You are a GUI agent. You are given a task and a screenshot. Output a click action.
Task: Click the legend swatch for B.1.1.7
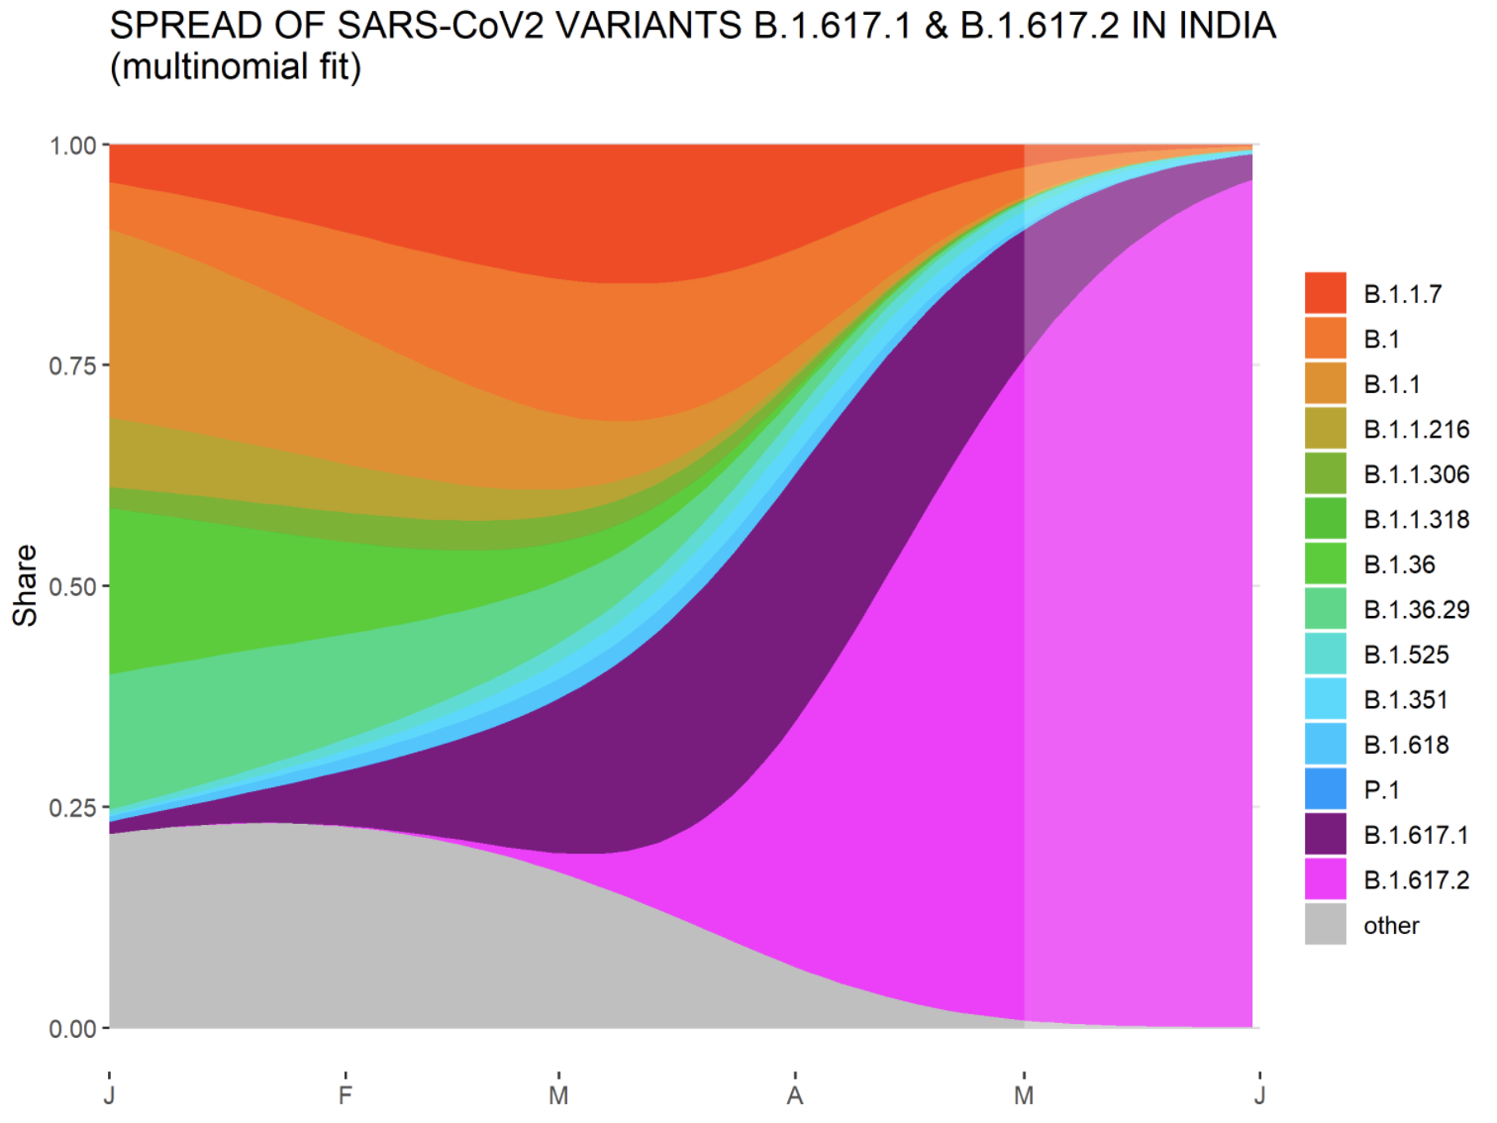tap(1325, 293)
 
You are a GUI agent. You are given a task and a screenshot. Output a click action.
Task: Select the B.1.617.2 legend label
tap(1416, 879)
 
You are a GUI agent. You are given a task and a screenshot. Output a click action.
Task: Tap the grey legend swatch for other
tap(1325, 924)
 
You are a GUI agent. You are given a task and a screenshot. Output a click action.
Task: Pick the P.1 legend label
tap(1381, 789)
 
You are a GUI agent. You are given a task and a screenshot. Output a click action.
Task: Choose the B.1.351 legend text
tap(1405, 699)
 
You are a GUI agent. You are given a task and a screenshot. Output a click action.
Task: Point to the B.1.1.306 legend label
tap(1416, 474)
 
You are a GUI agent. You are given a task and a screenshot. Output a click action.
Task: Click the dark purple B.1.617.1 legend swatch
tap(1325, 834)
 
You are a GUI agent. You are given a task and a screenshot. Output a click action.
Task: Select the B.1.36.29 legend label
tap(1416, 609)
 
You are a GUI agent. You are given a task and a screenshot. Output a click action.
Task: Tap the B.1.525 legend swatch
tap(1325, 654)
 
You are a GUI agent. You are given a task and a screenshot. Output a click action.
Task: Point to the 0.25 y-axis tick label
tap(72, 807)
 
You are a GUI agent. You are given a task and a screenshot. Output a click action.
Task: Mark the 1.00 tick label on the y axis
tap(72, 146)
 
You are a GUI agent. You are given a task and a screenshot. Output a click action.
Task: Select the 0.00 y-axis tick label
tap(72, 1029)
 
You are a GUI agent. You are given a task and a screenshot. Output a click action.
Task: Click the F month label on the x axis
tap(345, 1095)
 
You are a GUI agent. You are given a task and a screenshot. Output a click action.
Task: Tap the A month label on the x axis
tap(794, 1095)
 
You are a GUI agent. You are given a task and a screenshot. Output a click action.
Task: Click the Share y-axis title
tap(25, 585)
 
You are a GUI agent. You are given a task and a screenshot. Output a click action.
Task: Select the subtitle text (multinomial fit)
tap(236, 67)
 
